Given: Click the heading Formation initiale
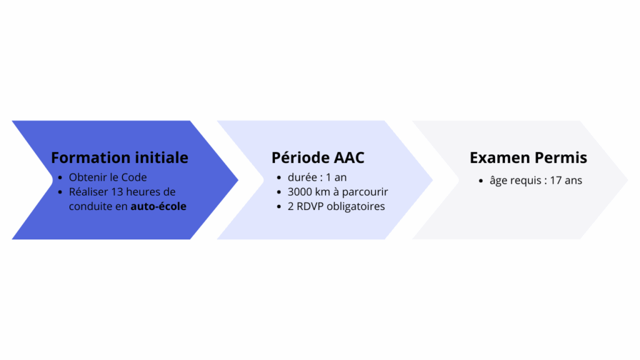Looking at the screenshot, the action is pos(119,157).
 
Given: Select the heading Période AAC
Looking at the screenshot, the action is pos(318,157).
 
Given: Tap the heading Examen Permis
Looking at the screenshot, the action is pos(528,157).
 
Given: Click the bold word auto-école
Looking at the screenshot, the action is pos(158,206).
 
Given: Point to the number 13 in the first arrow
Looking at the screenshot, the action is pos(117,192).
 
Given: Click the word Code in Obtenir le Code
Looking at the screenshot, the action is pos(134,177).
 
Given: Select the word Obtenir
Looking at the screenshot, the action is pos(84,177).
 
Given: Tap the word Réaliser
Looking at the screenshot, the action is pos(88,192).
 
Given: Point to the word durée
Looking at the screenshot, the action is pos(302,177).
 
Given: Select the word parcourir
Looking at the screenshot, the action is pos(365,192).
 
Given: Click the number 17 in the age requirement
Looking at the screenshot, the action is pos(556,181).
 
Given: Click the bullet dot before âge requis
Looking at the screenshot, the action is pos(481,181).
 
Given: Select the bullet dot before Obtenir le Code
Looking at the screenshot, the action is pos(60,177).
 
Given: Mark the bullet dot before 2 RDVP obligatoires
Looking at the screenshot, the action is pos(279,206).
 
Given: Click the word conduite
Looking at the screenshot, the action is pos(90,206).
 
